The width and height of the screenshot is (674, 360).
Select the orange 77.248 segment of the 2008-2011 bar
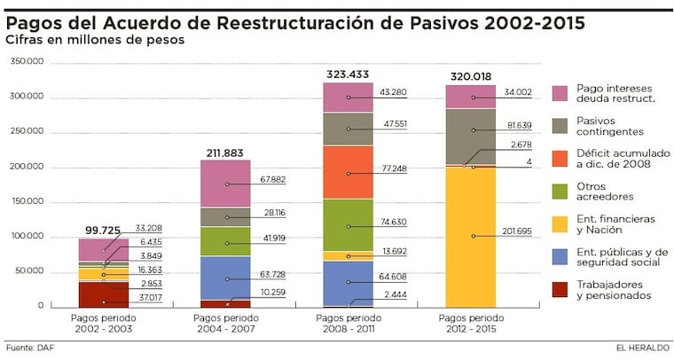pos(348,172)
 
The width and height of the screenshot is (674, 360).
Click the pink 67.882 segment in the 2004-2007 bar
pos(225,184)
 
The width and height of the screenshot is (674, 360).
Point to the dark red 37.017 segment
pos(103,294)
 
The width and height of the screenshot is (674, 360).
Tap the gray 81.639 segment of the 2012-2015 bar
pos(471,136)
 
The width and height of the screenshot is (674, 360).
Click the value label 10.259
pos(270,292)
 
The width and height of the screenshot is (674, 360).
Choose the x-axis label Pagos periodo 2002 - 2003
pos(103,323)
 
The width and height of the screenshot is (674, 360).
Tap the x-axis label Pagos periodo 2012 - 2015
pos(471,323)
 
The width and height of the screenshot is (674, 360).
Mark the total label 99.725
pos(103,230)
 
